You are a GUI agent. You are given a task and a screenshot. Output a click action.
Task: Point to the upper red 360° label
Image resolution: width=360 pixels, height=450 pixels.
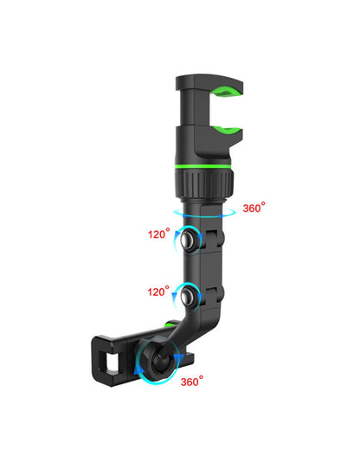click(254, 208)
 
